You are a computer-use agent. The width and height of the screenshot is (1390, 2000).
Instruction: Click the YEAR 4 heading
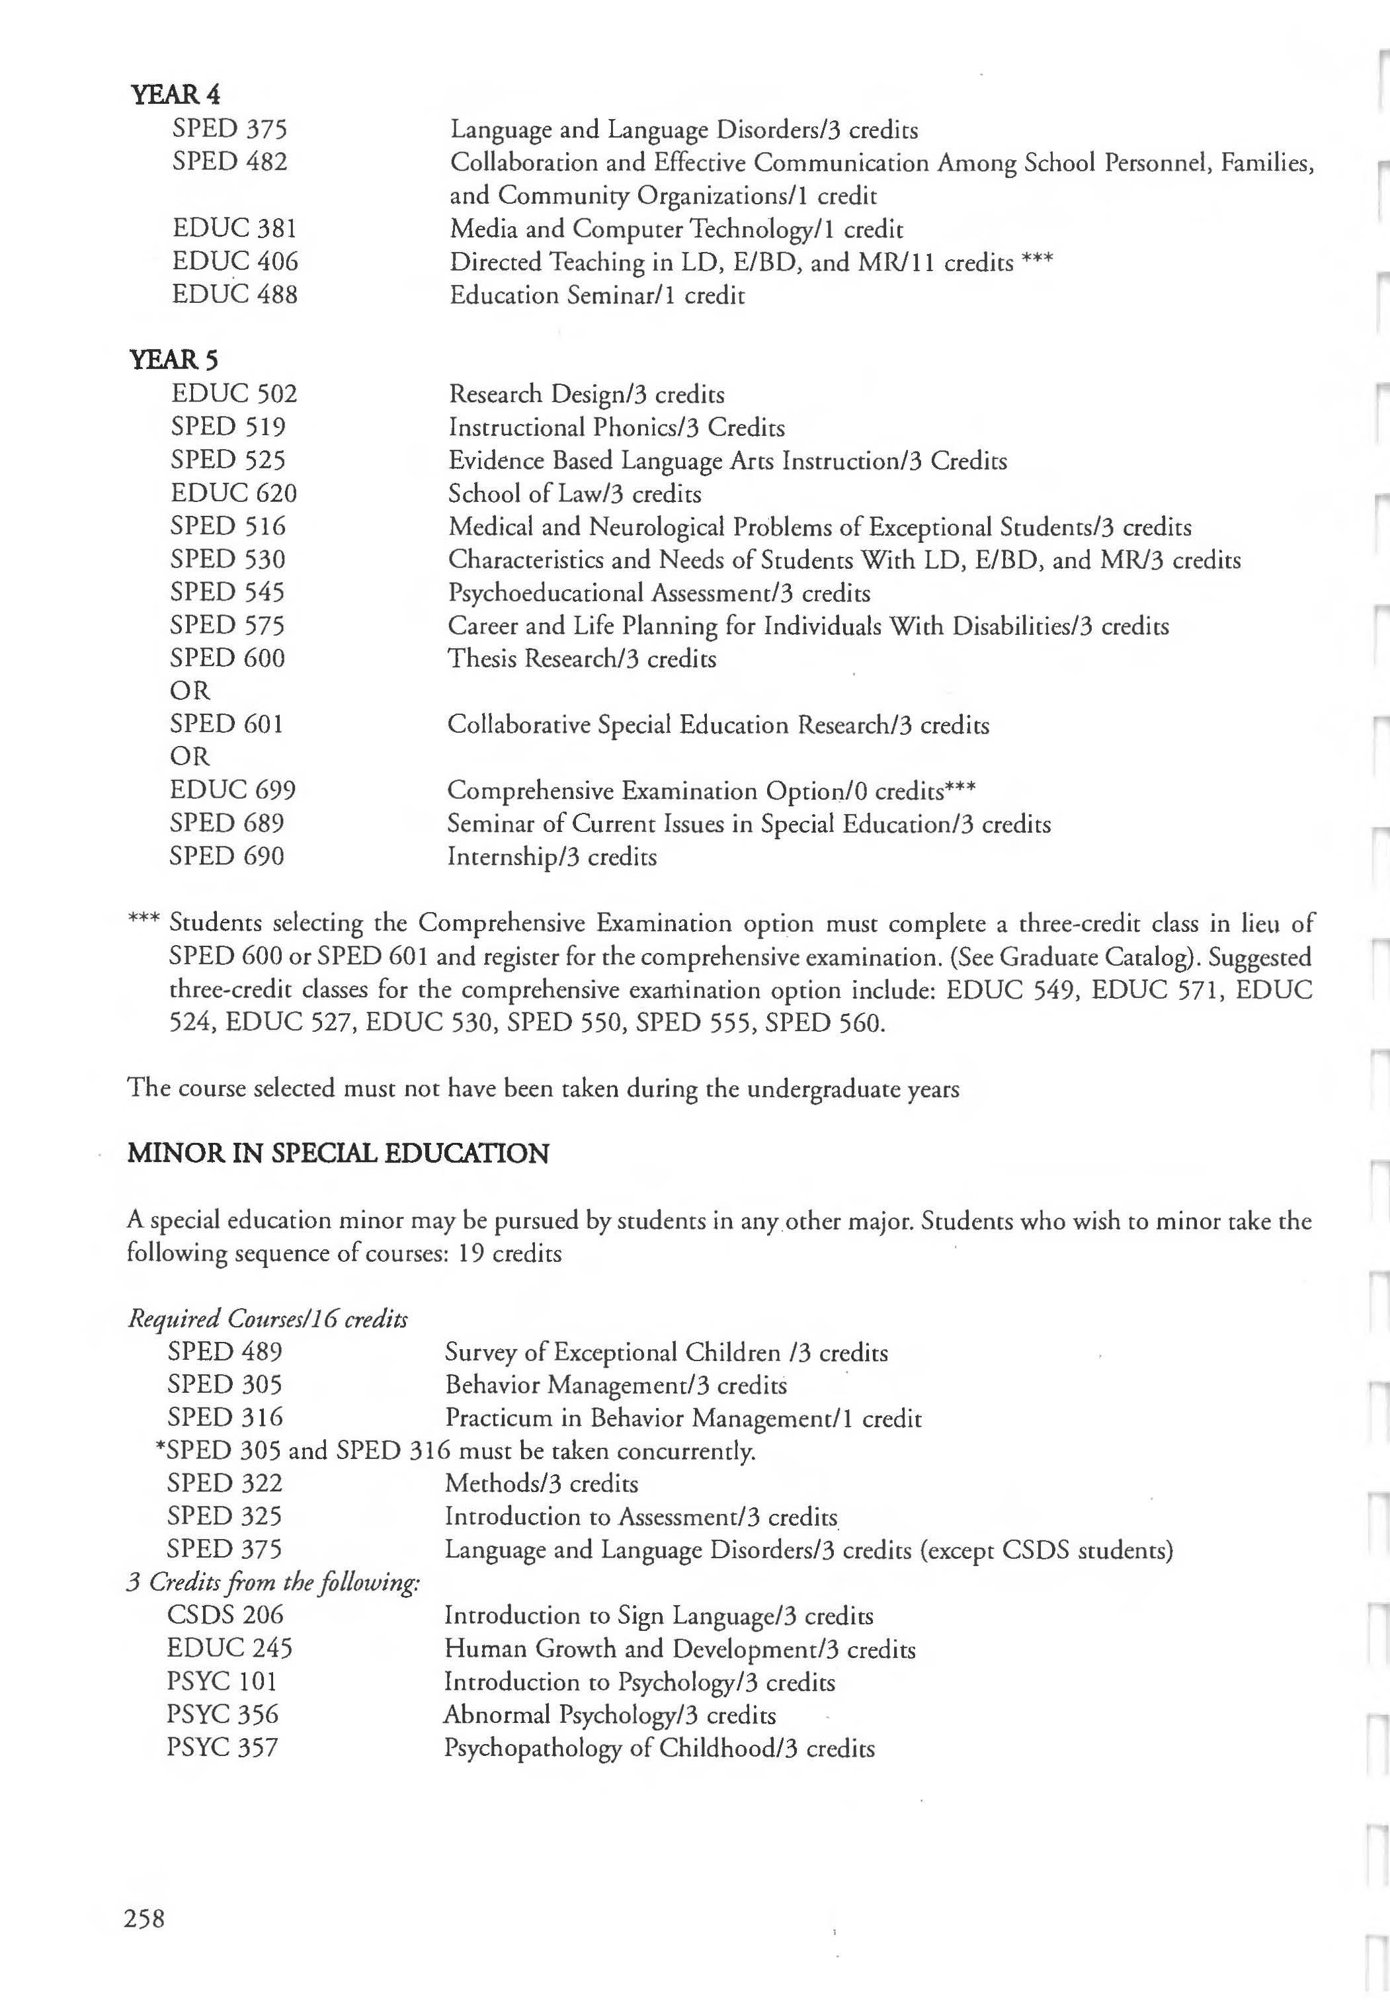[x=176, y=94]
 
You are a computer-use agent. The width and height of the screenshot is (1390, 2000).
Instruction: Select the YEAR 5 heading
[x=174, y=359]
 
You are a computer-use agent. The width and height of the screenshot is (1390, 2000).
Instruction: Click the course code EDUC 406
[x=235, y=261]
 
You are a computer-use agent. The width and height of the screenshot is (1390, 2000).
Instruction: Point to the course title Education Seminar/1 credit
[x=597, y=295]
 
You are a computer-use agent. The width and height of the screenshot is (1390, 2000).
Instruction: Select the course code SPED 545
[x=227, y=593]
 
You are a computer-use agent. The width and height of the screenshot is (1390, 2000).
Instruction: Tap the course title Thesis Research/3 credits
[x=582, y=659]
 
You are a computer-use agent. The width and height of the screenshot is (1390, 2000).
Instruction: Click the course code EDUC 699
[x=233, y=790]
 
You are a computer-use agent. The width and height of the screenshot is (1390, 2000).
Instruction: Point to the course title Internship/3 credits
[x=552, y=857]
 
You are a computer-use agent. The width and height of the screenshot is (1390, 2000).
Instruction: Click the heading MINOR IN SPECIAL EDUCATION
[x=338, y=1154]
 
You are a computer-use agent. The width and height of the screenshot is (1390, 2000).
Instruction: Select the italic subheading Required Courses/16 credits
[x=267, y=1319]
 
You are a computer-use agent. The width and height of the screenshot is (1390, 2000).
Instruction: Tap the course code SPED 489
[x=225, y=1352]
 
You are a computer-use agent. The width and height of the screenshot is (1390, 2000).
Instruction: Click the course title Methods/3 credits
[x=542, y=1483]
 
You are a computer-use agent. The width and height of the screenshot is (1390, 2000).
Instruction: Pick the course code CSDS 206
[x=225, y=1615]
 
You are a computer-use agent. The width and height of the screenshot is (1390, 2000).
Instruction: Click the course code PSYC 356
[x=223, y=1714]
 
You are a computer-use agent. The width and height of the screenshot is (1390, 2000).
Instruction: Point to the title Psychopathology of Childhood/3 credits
[x=659, y=1748]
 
